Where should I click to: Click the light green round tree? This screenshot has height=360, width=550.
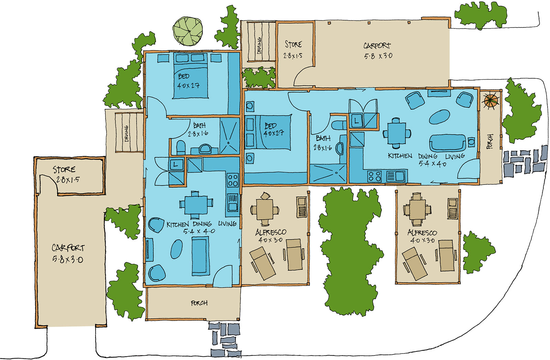point(188,31)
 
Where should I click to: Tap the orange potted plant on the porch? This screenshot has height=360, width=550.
point(491,100)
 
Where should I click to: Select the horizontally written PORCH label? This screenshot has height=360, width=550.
point(199,303)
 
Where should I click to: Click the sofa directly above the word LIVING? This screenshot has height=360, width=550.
point(448,143)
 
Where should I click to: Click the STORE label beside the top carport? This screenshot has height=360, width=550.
point(293,44)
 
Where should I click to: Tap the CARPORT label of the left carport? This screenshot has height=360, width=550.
point(68,248)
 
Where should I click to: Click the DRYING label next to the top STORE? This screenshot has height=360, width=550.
point(259,45)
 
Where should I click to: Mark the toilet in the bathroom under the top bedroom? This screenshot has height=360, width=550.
point(180,147)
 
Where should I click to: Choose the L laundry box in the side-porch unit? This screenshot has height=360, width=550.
point(356,121)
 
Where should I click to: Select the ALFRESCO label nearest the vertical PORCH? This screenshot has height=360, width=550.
point(422,233)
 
